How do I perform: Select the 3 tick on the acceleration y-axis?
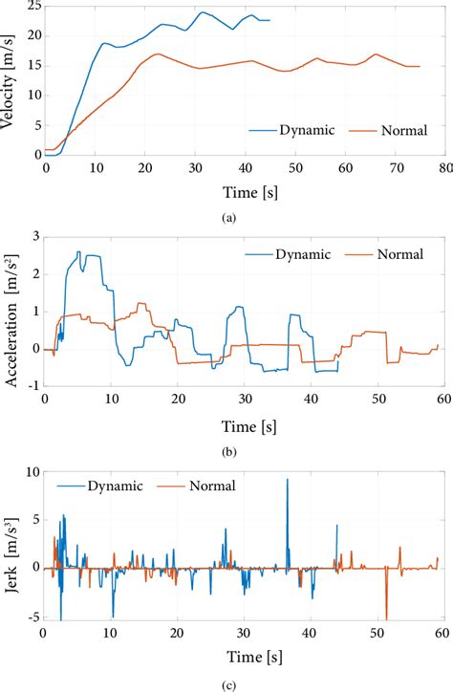34,236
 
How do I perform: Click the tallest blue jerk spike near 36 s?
288,481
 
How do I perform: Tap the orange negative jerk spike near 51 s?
386,616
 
